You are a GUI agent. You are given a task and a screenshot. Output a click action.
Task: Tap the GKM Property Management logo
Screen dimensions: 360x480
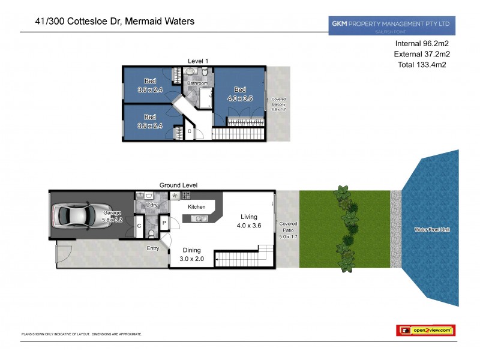tap(391, 25)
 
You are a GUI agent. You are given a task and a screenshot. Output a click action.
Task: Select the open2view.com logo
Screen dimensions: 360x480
tap(425, 330)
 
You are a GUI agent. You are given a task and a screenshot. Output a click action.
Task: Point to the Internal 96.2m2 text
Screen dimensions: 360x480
tap(423, 44)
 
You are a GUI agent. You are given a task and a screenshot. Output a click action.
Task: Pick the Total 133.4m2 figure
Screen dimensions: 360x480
tap(422, 65)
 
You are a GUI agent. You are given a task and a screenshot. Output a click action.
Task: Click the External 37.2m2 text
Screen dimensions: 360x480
tap(422, 55)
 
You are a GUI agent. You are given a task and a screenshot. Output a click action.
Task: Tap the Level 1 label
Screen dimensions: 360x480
tap(197, 61)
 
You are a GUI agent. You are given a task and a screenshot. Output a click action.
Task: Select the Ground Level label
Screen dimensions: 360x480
tap(178, 185)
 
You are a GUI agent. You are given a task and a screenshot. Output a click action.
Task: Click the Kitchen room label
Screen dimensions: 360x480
tap(197, 207)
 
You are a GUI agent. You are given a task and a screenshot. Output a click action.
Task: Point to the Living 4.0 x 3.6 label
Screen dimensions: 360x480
tap(248, 221)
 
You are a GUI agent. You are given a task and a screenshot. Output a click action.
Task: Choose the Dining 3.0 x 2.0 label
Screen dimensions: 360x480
tap(192, 254)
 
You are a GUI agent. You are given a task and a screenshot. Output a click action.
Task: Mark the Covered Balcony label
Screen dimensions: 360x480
tap(278, 104)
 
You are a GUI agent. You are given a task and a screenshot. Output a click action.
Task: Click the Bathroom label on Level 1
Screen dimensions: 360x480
tap(197, 83)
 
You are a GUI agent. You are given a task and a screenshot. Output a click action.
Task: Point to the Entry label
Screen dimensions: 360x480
tap(153, 247)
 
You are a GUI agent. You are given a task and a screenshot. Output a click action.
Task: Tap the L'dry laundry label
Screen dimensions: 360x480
tap(152, 205)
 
